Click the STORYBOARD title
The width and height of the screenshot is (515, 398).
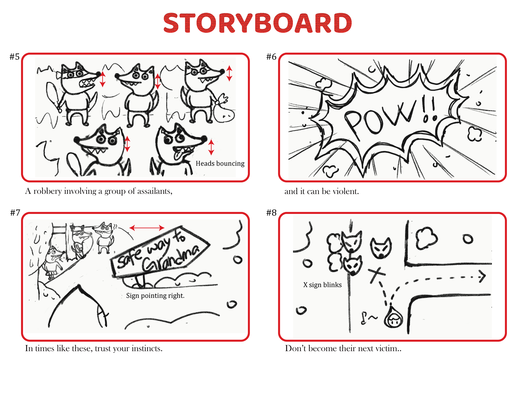tap(257, 23)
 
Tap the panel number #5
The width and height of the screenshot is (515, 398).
tap(14, 57)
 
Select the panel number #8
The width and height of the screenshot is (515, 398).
tap(271, 213)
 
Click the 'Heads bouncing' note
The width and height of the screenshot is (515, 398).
tap(220, 163)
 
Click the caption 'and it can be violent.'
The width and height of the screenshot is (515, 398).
tap(322, 191)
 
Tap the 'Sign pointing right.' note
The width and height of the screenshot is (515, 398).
tap(155, 296)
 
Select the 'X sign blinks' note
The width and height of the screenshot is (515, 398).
tap(322, 285)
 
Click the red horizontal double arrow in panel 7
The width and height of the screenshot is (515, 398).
tap(147, 228)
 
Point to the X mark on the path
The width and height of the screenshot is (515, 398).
tap(377, 275)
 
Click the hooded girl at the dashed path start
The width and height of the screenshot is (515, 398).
tap(393, 318)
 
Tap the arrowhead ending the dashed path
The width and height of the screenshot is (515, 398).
tap(483, 276)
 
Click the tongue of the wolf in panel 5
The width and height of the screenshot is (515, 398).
tap(177, 155)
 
